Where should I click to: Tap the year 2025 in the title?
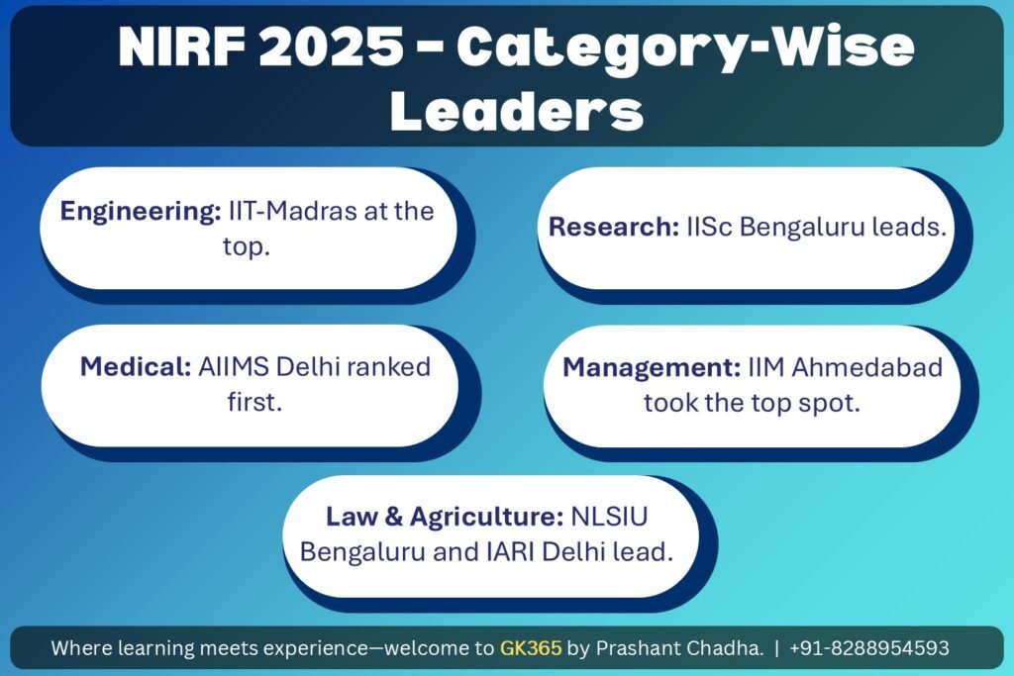(331, 47)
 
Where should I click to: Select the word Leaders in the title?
(517, 111)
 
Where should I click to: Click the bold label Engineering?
(141, 212)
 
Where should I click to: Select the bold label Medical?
(136, 366)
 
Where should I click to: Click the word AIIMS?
(234, 366)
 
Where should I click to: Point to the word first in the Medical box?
(254, 402)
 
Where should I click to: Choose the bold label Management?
(652, 368)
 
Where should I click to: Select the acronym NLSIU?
(609, 517)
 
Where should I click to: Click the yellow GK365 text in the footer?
(531, 647)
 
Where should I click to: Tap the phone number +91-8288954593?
(869, 647)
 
